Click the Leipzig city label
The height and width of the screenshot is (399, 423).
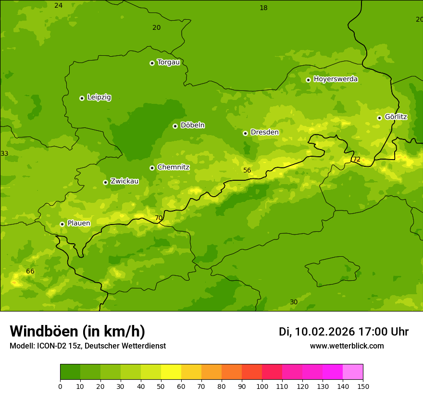tap(99, 97)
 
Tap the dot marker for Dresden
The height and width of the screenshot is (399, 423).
tap(245, 133)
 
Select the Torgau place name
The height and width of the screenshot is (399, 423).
tap(168, 62)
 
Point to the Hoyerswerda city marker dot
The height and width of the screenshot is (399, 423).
tap(308, 80)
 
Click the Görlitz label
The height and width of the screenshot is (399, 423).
tap(396, 117)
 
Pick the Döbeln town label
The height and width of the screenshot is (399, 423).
tap(192, 125)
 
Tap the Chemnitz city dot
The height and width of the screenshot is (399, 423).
tap(152, 168)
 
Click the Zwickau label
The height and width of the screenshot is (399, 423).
tap(124, 181)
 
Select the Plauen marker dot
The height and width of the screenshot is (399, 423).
tap(62, 224)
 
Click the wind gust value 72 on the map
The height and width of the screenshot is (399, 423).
tap(356, 160)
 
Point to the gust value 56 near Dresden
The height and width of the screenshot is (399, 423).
tap(247, 171)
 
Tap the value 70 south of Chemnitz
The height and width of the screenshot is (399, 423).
tap(159, 218)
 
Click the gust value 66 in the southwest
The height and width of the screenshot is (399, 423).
tap(30, 272)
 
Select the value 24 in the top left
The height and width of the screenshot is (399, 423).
tap(58, 6)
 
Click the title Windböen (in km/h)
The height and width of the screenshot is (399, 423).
tap(77, 331)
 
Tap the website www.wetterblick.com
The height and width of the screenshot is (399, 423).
tap(347, 346)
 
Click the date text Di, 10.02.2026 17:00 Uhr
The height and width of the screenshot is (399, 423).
tap(344, 332)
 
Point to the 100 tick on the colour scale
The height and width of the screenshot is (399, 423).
tap(262, 387)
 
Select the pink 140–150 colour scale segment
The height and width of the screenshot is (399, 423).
tap(353, 372)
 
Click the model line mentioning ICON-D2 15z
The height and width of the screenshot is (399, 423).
tap(87, 346)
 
